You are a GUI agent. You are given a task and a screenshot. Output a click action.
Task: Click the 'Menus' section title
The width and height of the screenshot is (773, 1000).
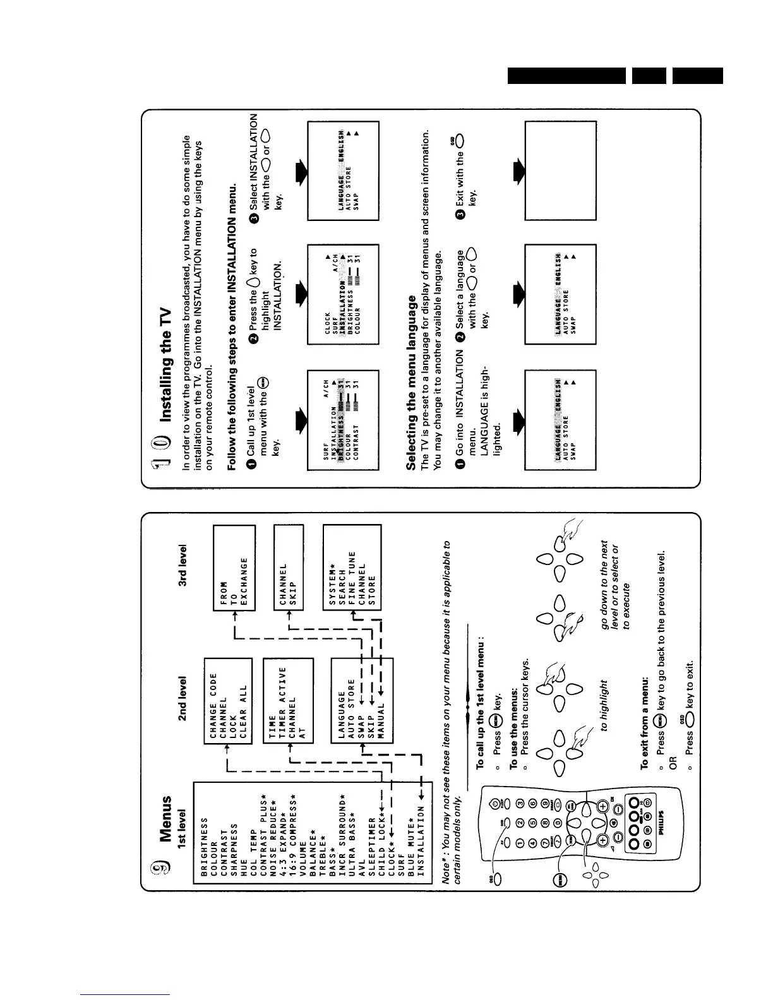click(165, 819)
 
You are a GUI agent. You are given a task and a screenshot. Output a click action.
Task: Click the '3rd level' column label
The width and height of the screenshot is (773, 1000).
click(183, 566)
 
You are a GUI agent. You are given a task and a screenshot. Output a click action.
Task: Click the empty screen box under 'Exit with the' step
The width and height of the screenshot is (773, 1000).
click(560, 170)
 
